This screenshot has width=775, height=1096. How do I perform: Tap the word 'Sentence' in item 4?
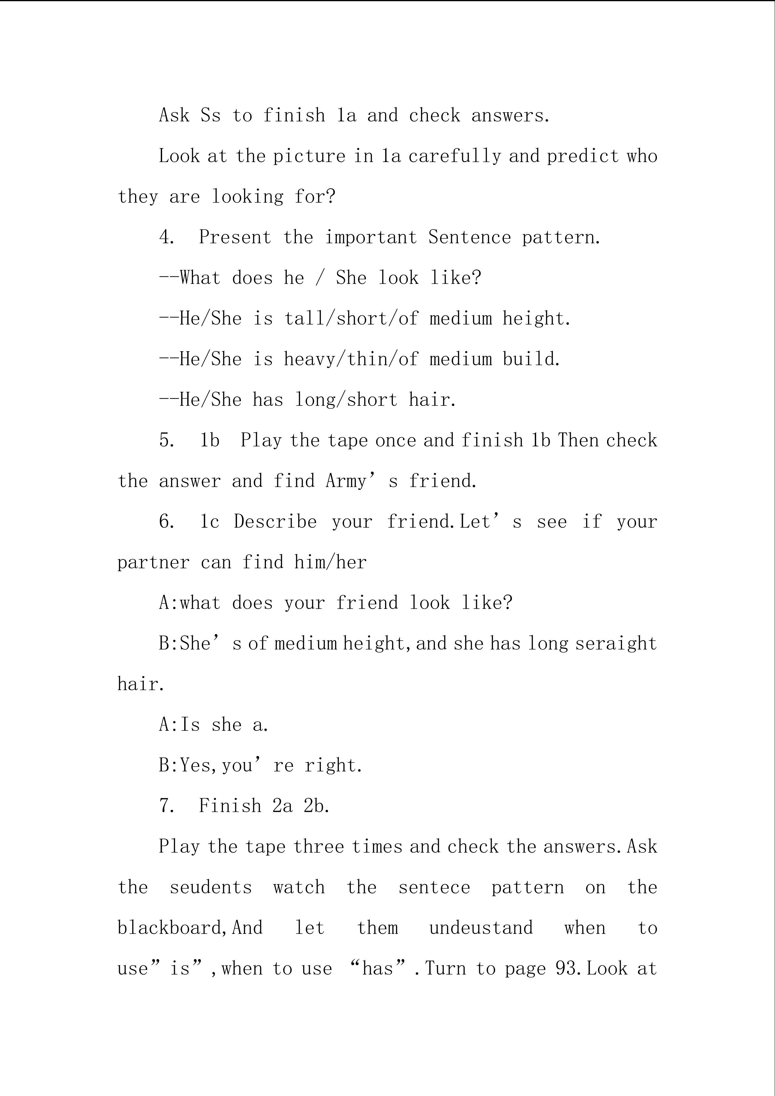coord(469,237)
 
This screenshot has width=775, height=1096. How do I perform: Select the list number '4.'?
coord(167,237)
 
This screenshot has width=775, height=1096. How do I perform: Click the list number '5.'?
coord(167,440)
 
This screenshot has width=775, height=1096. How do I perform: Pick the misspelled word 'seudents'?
coord(211,887)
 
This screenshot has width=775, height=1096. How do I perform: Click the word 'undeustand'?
coord(480,928)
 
